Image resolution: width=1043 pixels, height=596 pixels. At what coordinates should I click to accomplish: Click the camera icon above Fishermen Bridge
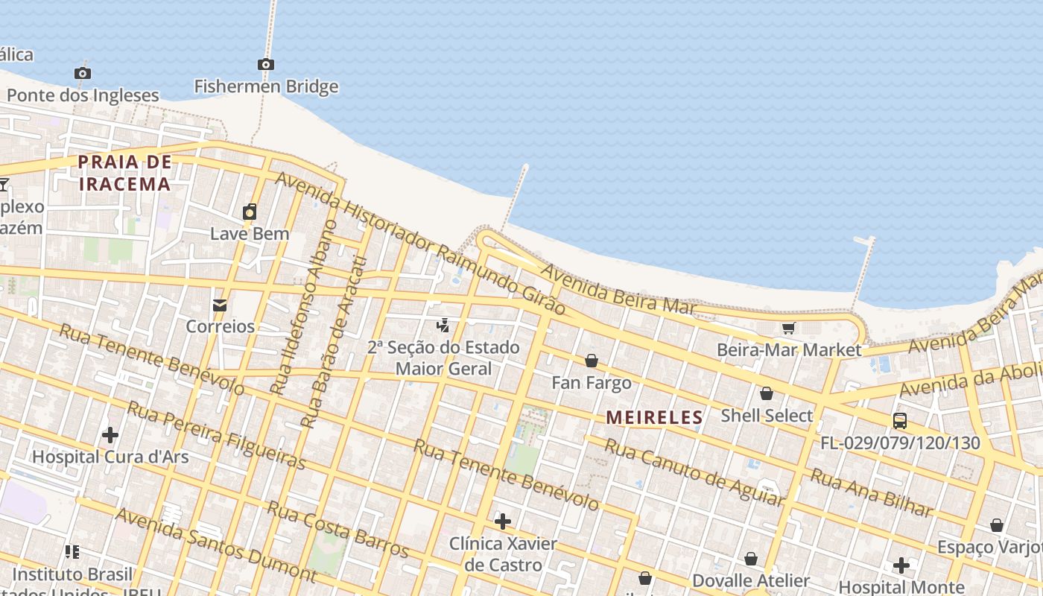(x=266, y=65)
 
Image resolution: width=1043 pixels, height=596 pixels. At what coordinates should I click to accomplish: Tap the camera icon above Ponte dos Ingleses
(x=83, y=73)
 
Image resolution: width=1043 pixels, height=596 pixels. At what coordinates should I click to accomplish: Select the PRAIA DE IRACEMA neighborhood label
(x=125, y=173)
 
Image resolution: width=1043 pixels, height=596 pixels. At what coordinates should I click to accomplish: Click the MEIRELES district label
(x=655, y=418)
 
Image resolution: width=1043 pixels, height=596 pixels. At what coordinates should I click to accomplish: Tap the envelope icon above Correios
(x=220, y=305)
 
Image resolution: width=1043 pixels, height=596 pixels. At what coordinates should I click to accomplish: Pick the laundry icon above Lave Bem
(x=250, y=212)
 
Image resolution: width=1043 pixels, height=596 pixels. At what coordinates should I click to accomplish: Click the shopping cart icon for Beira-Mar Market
(x=788, y=328)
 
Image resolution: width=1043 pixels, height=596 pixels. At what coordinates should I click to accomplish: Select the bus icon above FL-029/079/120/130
(x=900, y=421)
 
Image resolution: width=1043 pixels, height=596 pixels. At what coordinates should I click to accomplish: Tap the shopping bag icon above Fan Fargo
(x=592, y=361)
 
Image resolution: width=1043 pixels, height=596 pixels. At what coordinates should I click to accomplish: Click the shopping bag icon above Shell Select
(x=766, y=393)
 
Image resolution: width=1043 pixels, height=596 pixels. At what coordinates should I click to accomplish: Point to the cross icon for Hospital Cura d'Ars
(x=110, y=434)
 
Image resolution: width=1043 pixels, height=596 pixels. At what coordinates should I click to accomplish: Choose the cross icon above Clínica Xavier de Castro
(x=503, y=521)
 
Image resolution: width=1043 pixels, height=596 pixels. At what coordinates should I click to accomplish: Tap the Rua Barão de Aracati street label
(x=335, y=343)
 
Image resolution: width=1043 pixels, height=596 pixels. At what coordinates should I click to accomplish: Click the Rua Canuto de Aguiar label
(x=694, y=472)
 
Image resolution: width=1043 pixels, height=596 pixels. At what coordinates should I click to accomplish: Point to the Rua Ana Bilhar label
(x=871, y=492)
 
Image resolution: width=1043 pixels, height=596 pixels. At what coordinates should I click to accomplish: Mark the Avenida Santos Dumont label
(x=215, y=545)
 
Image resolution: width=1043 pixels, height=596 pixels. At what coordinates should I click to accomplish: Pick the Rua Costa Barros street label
(x=338, y=530)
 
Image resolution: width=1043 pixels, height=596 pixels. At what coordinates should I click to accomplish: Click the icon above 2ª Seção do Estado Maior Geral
(x=443, y=325)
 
